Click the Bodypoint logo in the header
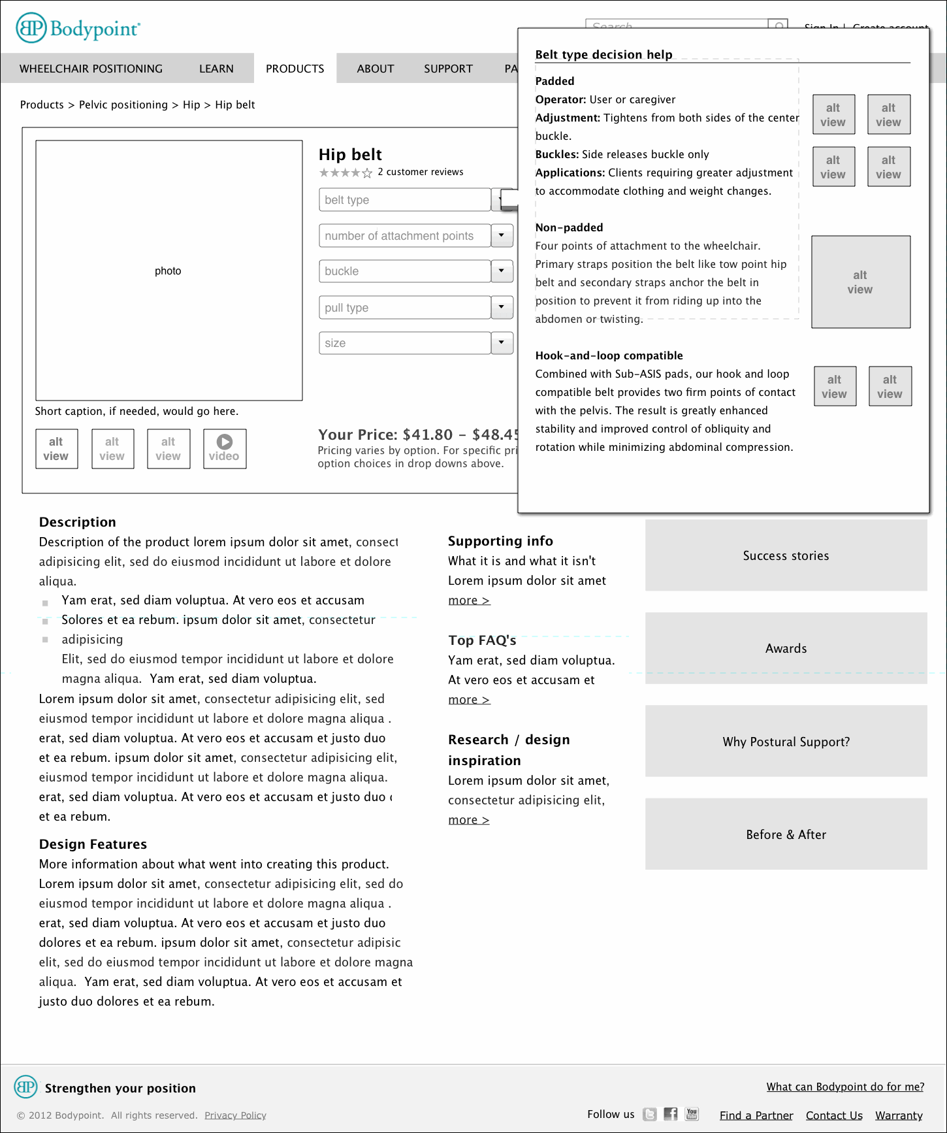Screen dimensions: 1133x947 78,28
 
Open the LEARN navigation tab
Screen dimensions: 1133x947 216,69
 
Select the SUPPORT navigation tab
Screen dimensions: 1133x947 448,69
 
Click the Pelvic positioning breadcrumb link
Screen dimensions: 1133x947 123,105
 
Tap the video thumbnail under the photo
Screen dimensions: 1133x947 224,449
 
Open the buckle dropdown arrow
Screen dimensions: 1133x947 502,271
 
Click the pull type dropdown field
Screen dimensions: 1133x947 404,307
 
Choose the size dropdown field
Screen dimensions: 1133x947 404,343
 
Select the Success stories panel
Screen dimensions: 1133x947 786,555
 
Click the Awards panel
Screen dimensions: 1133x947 786,648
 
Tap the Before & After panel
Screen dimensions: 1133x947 786,834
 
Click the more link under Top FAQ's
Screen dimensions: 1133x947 468,700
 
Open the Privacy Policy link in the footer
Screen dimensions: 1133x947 235,1115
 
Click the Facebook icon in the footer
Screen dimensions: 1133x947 671,1114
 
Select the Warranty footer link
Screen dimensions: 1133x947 899,1115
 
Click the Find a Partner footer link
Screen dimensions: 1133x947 756,1115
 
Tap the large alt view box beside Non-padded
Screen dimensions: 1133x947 860,282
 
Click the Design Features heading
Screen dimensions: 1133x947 93,844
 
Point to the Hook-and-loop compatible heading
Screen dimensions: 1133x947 609,355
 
